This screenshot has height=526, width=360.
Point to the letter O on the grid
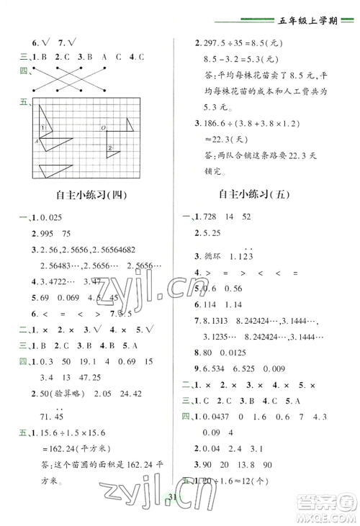103,127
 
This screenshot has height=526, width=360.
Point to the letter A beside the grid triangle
35,141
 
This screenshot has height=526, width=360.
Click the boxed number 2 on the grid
111,148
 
